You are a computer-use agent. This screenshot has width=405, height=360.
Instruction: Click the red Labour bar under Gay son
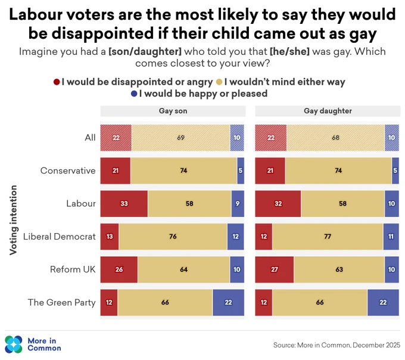[124, 204]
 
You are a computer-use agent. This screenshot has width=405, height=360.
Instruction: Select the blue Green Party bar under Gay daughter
[383, 303]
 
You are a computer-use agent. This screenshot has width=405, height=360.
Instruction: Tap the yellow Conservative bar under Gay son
[183, 171]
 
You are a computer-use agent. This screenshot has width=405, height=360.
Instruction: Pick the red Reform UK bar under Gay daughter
[275, 269]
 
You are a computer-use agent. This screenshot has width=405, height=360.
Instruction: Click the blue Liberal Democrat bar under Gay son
[236, 237]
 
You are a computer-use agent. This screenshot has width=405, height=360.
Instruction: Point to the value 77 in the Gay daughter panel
[328, 237]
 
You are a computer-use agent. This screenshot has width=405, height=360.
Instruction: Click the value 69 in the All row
[181, 138]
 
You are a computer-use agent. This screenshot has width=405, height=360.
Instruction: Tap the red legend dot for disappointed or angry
[57, 82]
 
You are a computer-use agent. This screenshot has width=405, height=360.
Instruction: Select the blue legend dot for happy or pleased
[134, 94]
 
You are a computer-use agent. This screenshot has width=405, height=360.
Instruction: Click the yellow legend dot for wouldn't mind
[219, 82]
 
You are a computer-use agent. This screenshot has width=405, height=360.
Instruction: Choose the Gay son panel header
[173, 111]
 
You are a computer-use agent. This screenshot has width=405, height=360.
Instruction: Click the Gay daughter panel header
[328, 111]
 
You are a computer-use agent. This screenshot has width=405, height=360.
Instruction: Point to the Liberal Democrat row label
[60, 237]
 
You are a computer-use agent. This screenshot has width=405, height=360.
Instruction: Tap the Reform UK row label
[73, 269]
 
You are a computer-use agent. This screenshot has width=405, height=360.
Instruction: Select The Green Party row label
[62, 303]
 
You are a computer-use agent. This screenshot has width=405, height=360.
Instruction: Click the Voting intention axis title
[13, 220]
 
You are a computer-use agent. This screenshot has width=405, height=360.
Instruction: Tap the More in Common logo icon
[14, 345]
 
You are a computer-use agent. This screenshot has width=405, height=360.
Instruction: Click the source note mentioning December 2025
[337, 345]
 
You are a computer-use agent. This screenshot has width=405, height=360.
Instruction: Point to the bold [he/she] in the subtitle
[289, 52]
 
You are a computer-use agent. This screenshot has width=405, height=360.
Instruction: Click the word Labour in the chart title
[35, 14]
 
